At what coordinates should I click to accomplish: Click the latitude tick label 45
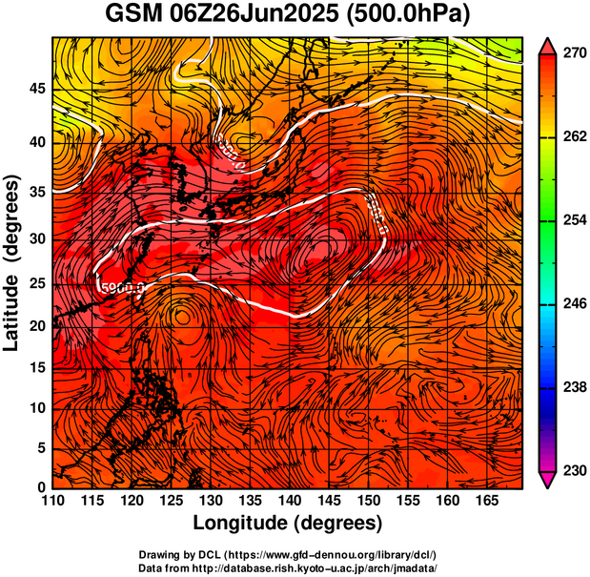(x=35, y=89)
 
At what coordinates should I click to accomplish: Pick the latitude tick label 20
(x=35, y=326)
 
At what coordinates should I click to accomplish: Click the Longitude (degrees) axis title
(x=288, y=524)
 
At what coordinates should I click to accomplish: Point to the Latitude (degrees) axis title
(x=12, y=262)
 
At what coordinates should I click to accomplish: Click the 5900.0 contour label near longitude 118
(x=121, y=286)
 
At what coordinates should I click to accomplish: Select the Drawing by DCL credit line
(x=287, y=554)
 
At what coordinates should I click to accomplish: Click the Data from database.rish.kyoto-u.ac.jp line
(x=287, y=567)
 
